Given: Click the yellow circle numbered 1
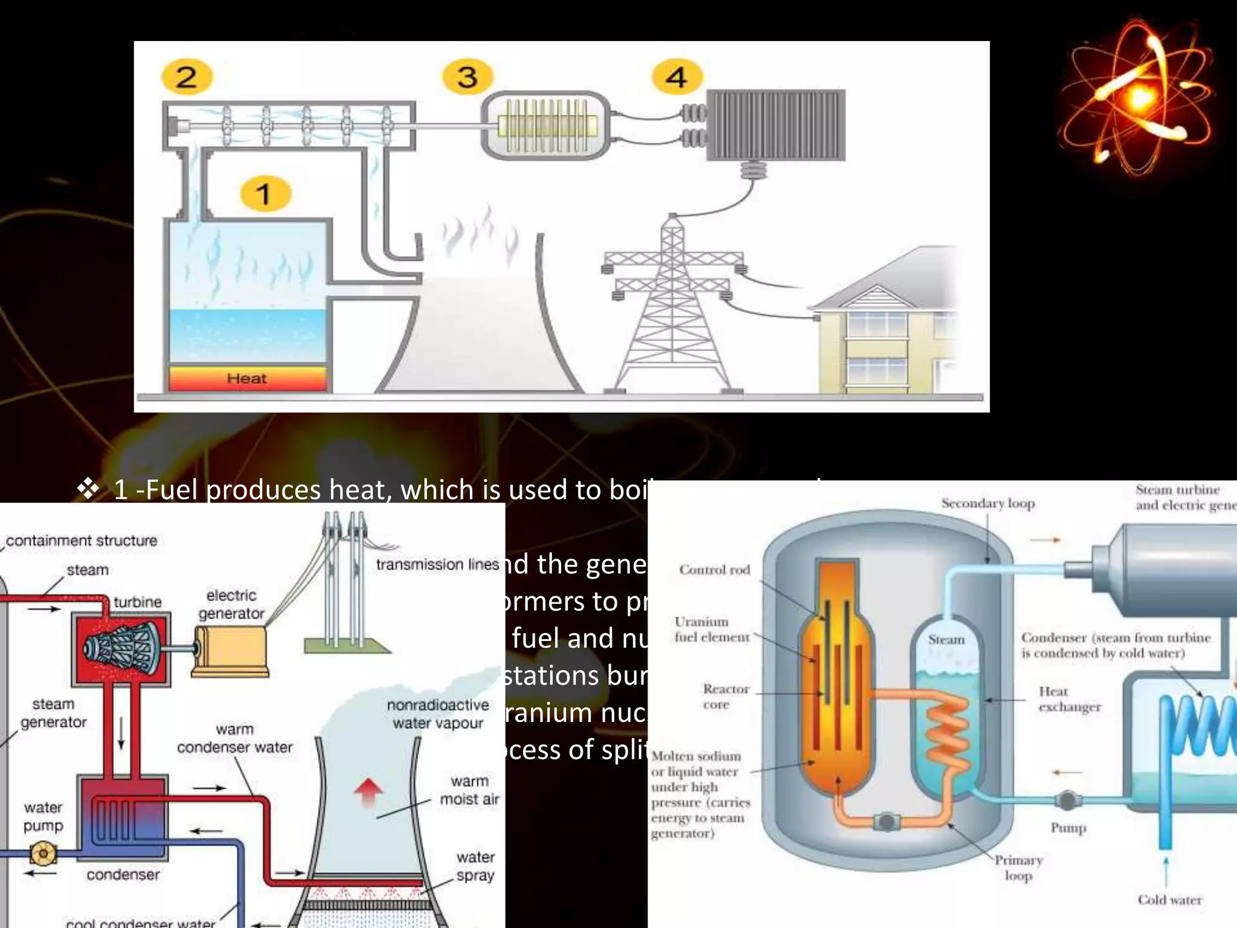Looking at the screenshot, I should [265, 194].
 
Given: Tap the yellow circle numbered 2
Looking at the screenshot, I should [187, 77].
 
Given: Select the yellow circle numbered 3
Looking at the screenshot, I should [467, 77].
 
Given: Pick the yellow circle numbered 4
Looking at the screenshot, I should [676, 77].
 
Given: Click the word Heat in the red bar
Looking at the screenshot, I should [246, 379].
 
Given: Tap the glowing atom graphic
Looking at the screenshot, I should [1138, 97].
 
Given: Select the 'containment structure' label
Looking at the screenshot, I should [82, 541].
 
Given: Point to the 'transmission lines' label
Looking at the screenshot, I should [437, 565].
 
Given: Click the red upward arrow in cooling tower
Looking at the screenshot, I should [368, 792].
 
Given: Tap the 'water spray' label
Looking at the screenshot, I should [475, 866].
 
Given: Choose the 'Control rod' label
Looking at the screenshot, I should [715, 570].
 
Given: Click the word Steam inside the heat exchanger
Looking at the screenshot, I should [946, 640].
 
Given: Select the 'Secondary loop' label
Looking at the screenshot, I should [988, 503].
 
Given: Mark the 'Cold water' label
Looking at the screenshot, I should [1170, 900].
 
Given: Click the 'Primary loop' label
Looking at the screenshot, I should [1019, 868].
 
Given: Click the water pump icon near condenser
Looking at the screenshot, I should [43, 853].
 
